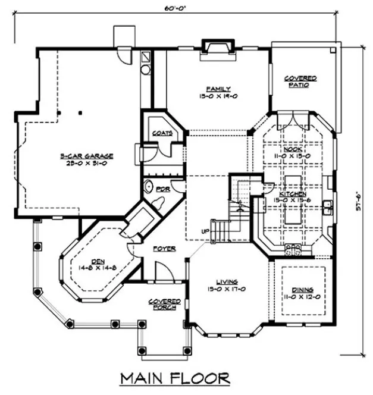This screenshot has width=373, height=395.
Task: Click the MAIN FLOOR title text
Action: pyautogui.click(x=175, y=378)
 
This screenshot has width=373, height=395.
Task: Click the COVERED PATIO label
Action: pyautogui.click(x=300, y=81)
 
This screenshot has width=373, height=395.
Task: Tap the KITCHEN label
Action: pyautogui.click(x=291, y=194)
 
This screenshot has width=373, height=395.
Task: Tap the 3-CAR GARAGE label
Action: pyautogui.click(x=86, y=156)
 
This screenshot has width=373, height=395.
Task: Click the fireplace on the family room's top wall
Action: pyautogui.click(x=212, y=46)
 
